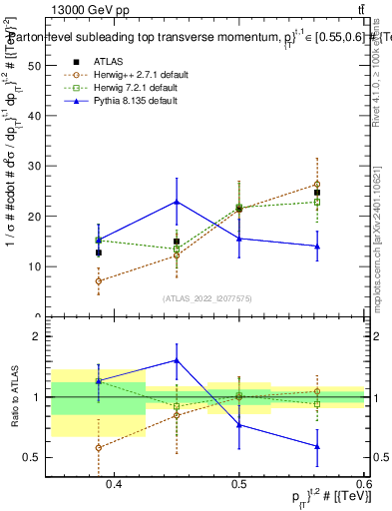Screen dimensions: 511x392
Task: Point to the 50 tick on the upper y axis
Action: (x=36, y=65)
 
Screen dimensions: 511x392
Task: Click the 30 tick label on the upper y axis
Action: (x=36, y=166)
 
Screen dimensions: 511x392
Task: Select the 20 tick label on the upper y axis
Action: (x=36, y=217)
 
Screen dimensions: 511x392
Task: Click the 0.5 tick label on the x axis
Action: (x=239, y=484)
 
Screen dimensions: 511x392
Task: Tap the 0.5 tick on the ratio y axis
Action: (x=36, y=458)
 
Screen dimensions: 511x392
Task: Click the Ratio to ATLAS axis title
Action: (x=14, y=396)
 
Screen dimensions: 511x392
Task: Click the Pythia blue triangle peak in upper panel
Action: (x=177, y=202)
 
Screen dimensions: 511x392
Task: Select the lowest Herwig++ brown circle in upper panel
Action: (x=98, y=281)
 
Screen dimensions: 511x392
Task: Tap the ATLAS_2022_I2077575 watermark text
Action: (x=207, y=298)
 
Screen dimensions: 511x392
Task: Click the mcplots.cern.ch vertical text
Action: (x=376, y=240)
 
